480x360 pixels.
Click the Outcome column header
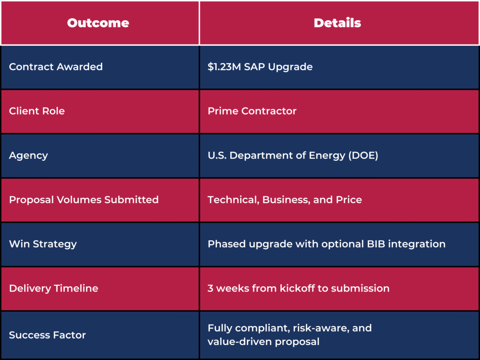tap(98, 23)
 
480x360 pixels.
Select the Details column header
tap(337, 23)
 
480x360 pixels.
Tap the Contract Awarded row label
tap(56, 67)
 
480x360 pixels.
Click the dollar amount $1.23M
tap(225, 67)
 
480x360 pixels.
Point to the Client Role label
tap(37, 111)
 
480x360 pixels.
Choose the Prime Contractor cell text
tap(252, 111)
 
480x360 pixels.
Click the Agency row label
tap(29, 156)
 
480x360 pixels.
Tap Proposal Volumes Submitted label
tap(84, 200)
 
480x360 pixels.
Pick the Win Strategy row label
tap(43, 244)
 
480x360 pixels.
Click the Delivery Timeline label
tap(53, 288)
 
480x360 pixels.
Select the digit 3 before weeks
tap(210, 288)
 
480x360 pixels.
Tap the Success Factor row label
tap(47, 335)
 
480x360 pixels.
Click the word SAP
tap(255, 67)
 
